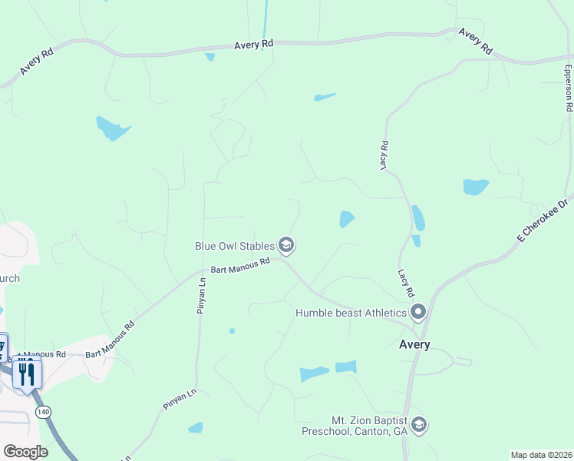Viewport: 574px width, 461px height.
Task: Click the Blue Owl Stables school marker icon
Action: [287, 246]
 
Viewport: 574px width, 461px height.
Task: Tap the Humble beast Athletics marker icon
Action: [418, 312]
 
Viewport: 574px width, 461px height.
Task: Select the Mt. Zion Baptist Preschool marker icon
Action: [418, 425]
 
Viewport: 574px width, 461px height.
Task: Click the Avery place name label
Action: [414, 345]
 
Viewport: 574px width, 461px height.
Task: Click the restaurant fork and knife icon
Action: [27, 373]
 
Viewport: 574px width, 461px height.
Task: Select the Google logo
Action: [25, 451]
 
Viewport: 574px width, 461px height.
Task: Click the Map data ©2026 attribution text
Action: [541, 455]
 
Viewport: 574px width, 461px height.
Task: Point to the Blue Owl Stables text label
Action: [234, 246]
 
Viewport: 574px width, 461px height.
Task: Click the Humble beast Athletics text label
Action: [351, 313]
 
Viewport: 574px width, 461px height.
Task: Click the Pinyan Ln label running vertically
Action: [203, 291]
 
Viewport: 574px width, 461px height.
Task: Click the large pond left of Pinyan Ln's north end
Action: [113, 128]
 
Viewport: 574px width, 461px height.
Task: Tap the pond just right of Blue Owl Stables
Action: [347, 220]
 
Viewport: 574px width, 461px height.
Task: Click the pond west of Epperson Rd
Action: [476, 187]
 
